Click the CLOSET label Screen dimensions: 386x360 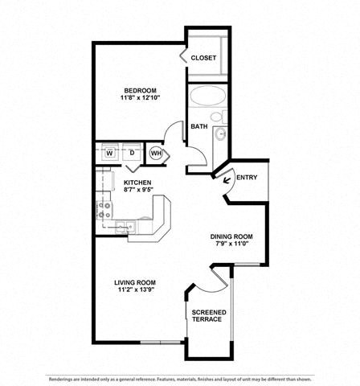click(x=204, y=58)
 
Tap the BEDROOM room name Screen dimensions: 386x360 click(x=140, y=89)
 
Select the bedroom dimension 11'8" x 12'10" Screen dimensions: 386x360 click(x=140, y=98)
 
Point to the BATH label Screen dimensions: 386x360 click(x=198, y=126)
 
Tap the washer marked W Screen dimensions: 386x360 click(x=108, y=152)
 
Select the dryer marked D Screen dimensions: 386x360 click(x=131, y=152)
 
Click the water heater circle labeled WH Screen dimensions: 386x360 click(x=156, y=152)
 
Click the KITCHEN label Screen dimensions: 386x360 click(x=137, y=183)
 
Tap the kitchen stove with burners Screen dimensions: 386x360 click(x=104, y=210)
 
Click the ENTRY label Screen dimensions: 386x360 click(x=247, y=178)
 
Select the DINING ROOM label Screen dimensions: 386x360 click(x=231, y=236)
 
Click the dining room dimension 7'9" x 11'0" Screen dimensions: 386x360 click(x=231, y=245)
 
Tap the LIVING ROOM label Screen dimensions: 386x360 click(x=134, y=282)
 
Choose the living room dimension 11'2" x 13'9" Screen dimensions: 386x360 click(x=134, y=291)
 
